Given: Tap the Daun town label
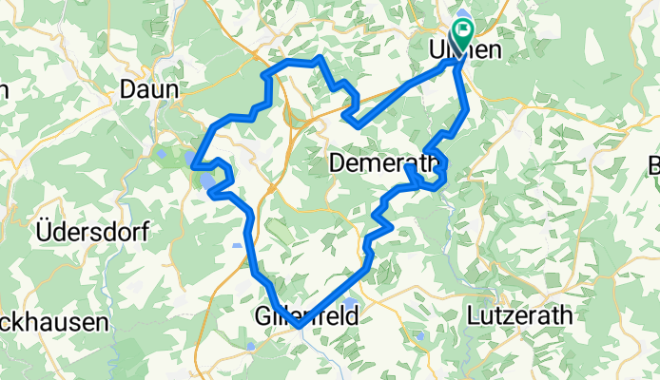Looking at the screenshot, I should tap(149, 89).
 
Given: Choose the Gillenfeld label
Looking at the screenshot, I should tap(307, 316).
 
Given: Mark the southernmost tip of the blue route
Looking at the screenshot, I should tap(299, 326).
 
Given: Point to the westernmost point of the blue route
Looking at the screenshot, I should tap(194, 166).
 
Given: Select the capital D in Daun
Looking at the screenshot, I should tap(129, 89).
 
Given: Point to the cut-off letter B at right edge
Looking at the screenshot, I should tap(654, 163).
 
